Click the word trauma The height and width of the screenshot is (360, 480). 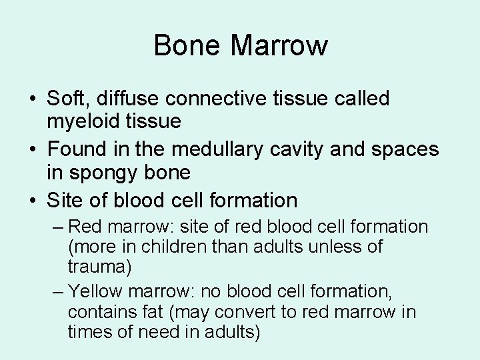[99, 268]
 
